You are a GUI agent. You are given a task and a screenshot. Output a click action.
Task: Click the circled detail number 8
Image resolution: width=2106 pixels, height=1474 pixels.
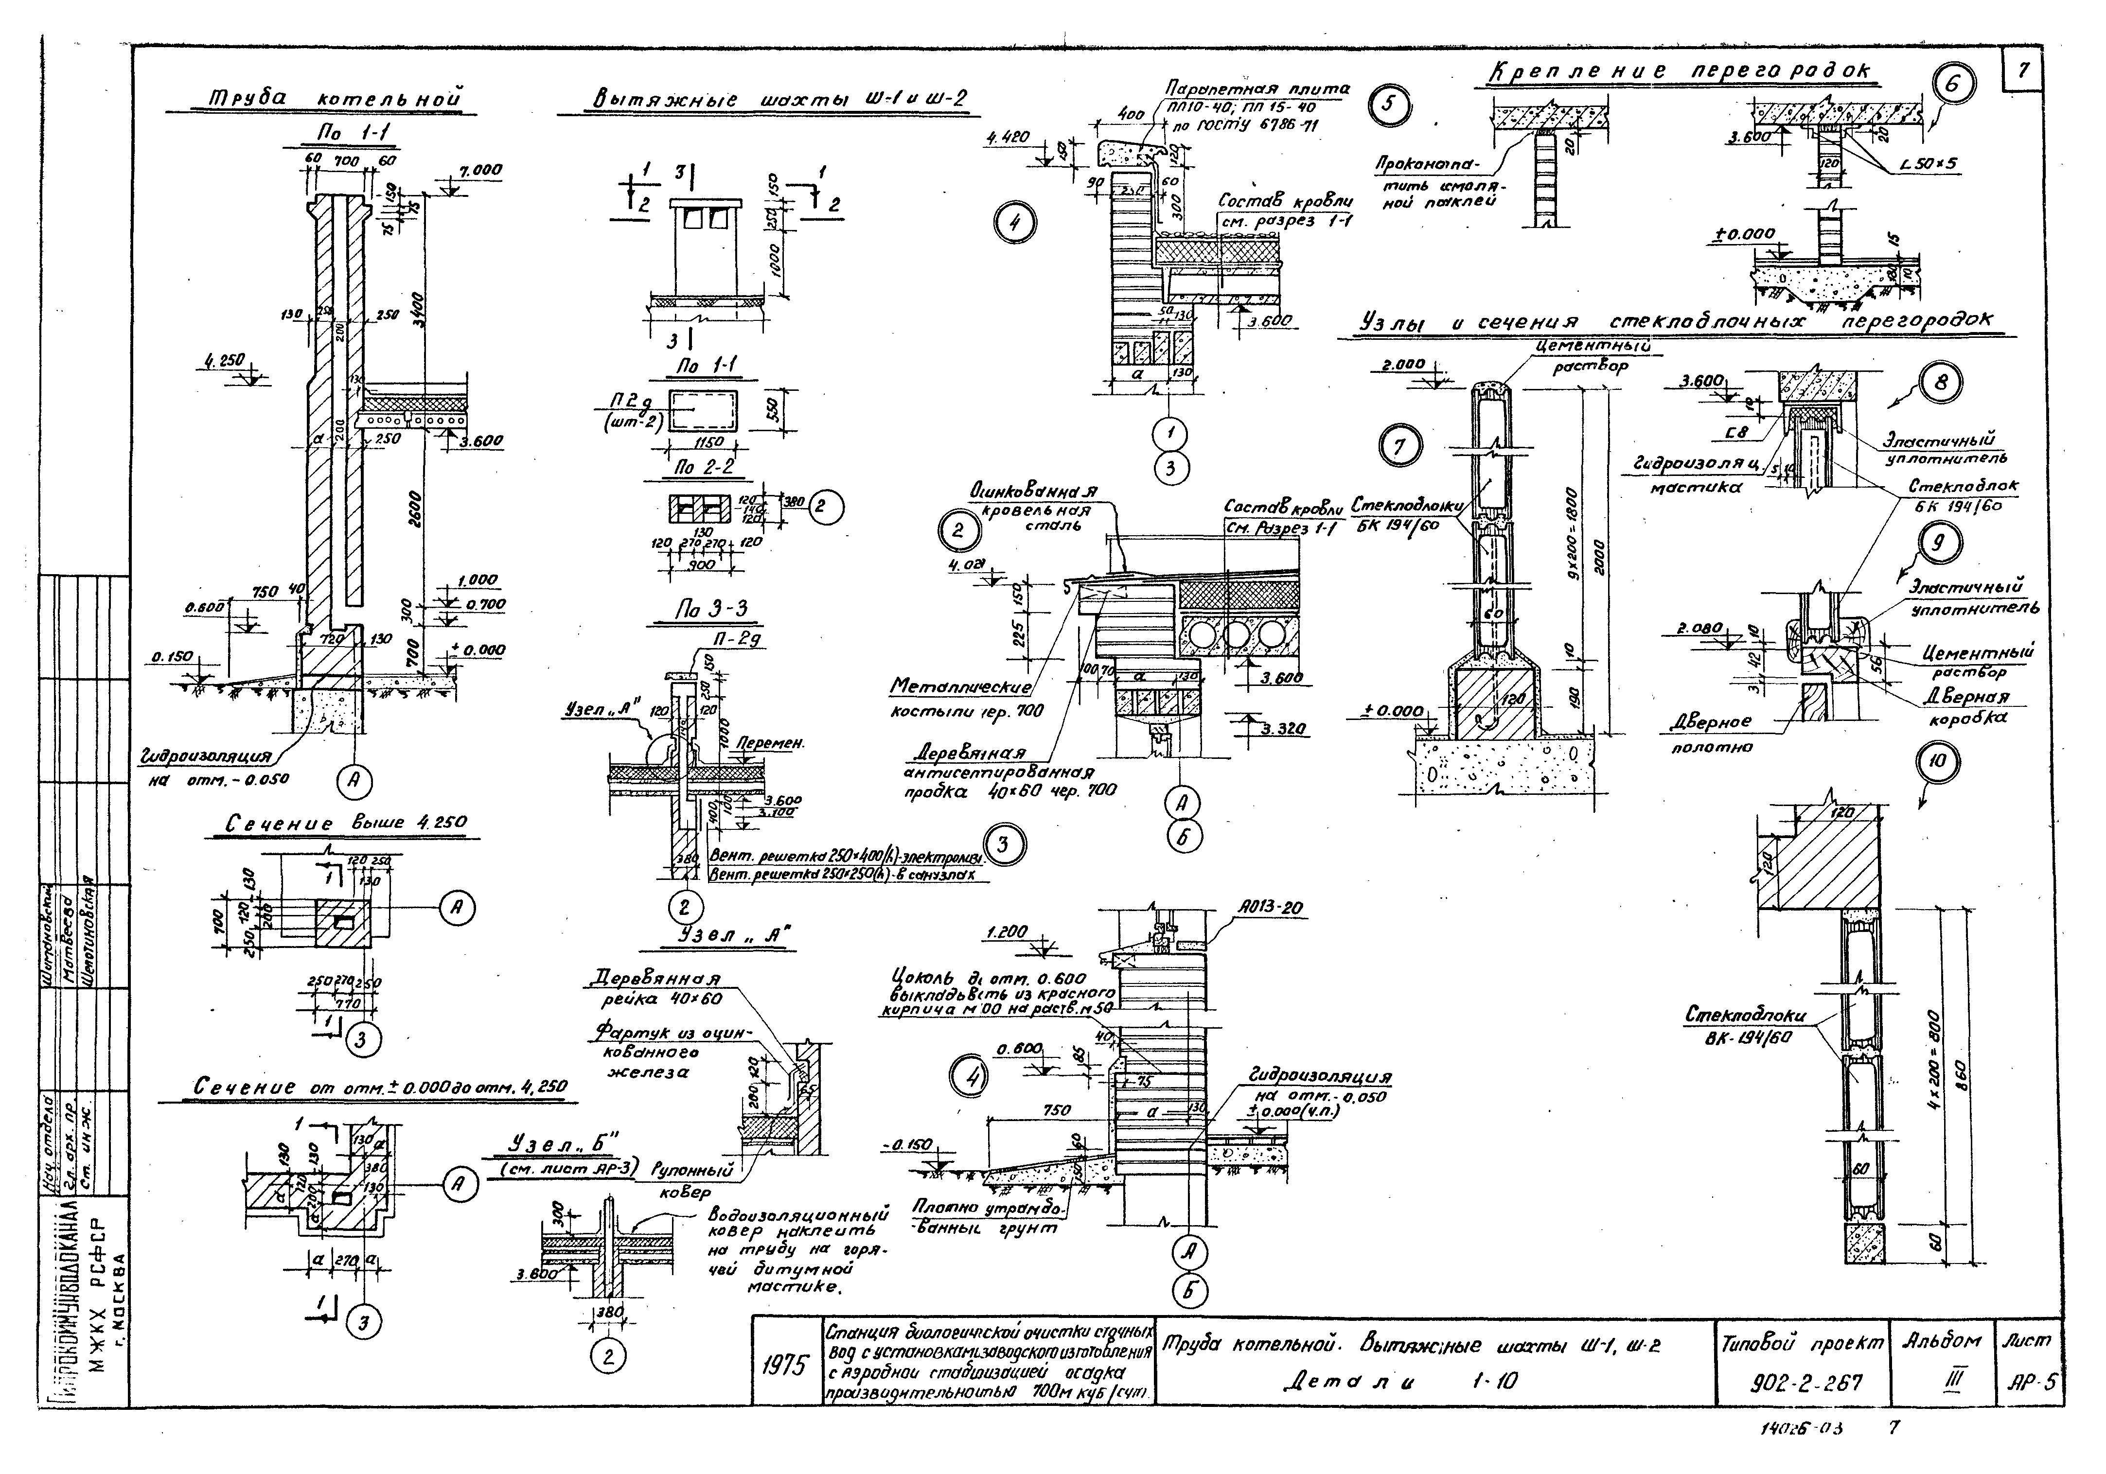pos(1941,383)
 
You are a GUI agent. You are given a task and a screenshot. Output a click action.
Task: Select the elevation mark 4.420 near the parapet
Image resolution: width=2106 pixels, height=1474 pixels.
pos(1009,138)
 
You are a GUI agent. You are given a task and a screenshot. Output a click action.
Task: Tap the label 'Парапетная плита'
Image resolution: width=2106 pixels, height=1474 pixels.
pos(1257,90)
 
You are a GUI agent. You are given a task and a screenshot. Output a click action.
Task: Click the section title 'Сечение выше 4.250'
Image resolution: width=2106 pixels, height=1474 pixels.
pos(346,824)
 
